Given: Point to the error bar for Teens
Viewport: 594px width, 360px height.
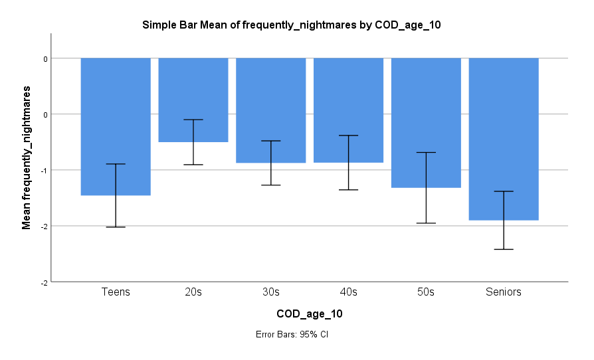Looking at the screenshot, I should (x=116, y=195).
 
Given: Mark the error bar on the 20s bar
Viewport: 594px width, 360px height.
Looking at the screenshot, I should (x=193, y=142).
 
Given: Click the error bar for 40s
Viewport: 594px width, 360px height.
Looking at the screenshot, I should (x=348, y=163).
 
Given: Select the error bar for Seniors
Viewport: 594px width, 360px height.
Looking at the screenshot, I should (x=504, y=220).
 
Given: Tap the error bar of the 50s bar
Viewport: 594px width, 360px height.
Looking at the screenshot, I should (x=426, y=188).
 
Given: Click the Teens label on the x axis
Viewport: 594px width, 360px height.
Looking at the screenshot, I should (x=116, y=292).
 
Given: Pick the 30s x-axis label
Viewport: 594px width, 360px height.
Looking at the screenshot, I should (x=271, y=292).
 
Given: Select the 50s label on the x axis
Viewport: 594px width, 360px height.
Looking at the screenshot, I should (x=426, y=292).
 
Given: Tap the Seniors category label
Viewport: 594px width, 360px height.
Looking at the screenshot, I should (x=504, y=292).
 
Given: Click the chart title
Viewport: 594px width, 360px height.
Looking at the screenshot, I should (x=292, y=25).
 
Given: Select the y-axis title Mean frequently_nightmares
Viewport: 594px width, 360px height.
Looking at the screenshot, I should (x=27, y=157).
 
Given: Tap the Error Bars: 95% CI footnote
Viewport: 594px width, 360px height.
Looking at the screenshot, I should (x=292, y=334).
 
